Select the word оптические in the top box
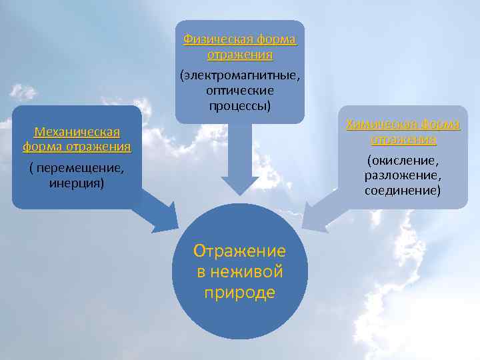(240, 90)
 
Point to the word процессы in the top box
(239, 105)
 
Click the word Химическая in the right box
(376, 124)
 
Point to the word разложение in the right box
(403, 175)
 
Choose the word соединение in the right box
(403, 190)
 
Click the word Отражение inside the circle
(239, 251)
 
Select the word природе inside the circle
(239, 293)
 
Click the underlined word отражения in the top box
(240, 54)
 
